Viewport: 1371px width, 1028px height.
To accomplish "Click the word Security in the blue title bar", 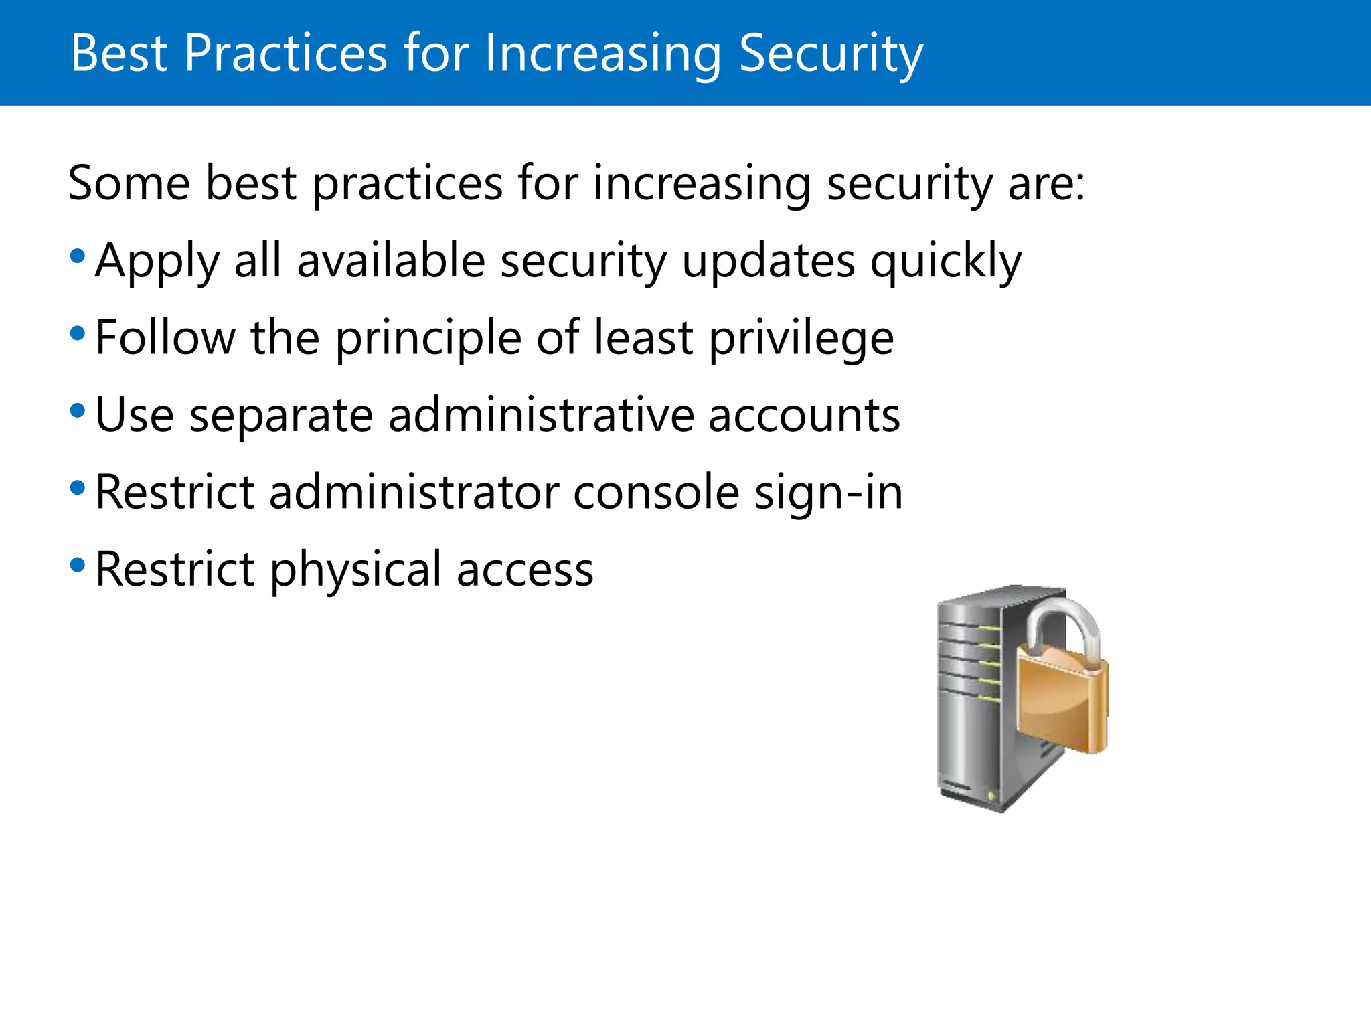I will pos(830,54).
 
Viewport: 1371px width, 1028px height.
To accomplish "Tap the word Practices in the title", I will pos(285,54).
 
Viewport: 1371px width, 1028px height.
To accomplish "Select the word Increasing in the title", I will pos(602,54).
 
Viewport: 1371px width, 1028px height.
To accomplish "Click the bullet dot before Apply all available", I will pos(78,256).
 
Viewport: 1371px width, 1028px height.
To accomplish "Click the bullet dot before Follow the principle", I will pos(78,333).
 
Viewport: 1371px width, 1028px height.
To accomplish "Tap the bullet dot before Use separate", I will pos(78,410).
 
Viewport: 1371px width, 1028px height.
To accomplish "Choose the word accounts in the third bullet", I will pos(804,415).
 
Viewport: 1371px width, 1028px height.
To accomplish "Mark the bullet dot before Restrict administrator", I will pos(78,488).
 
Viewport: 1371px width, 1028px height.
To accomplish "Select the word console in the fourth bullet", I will pos(656,493).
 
